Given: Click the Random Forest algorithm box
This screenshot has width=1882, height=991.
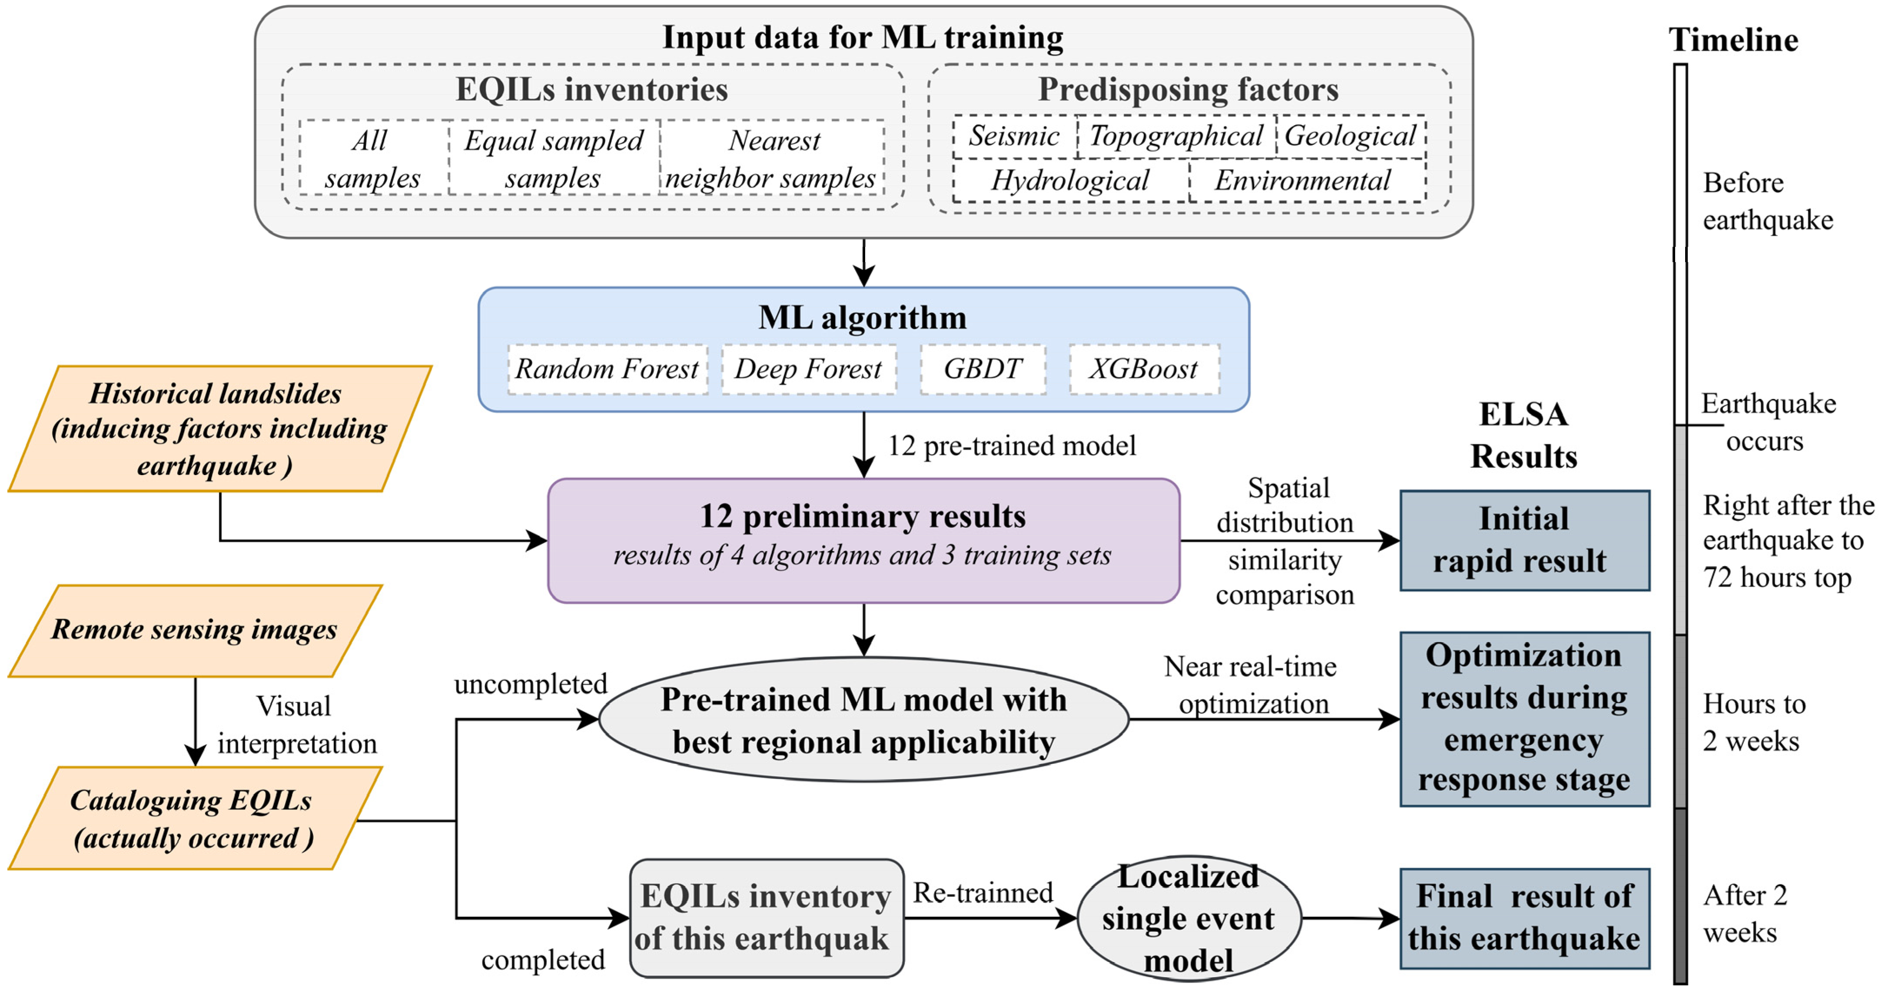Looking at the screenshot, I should click(607, 369).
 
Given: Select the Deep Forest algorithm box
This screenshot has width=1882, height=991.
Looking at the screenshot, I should click(808, 369).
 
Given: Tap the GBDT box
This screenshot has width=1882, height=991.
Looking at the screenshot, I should click(982, 369).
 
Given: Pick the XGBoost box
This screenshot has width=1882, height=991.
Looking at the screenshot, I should click(1143, 369).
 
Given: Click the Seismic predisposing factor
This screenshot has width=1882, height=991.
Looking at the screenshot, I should click(1014, 136).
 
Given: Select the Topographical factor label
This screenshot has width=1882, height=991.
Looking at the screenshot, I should click(1176, 136).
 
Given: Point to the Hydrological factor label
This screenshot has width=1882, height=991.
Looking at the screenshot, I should click(1070, 180).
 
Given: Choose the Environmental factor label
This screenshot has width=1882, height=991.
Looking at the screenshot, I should click(1303, 180).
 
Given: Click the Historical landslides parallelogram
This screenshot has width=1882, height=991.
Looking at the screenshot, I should click(218, 429).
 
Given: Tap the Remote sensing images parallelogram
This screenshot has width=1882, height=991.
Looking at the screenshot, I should click(194, 630).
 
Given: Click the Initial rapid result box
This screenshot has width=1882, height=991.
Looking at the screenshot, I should click(1524, 540).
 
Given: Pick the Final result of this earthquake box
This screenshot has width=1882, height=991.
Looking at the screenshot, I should click(1524, 918).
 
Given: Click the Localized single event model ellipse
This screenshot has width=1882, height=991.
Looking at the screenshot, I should click(1188, 918).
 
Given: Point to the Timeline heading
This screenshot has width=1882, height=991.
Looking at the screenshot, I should click(1733, 40).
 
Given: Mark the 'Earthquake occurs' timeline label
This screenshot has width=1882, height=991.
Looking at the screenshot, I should click(1768, 422).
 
